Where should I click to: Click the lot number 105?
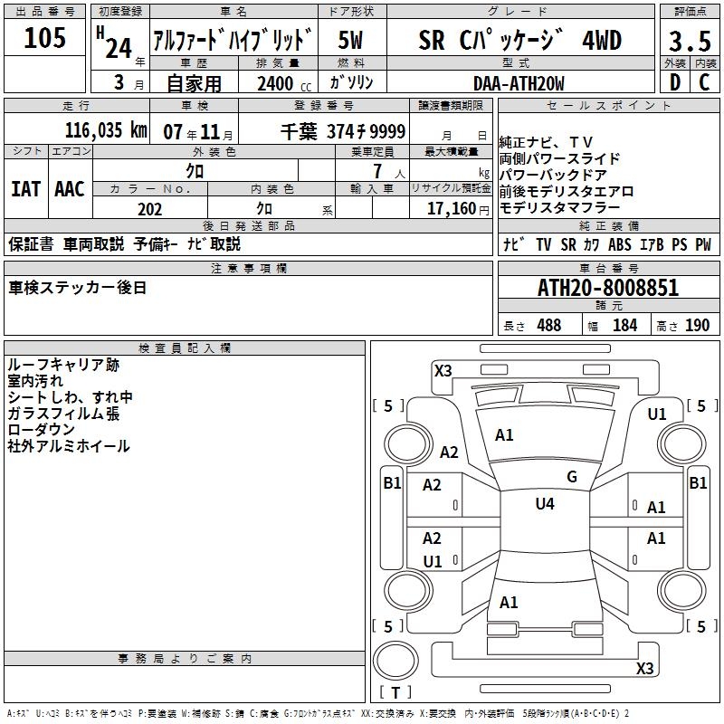(45, 38)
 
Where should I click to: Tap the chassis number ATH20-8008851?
(608, 289)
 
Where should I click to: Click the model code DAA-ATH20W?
(519, 83)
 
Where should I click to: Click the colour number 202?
(149, 209)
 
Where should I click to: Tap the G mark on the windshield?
(572, 477)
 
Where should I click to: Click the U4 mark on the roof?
(545, 504)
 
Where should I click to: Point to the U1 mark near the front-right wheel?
(657, 414)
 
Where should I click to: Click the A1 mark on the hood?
(504, 435)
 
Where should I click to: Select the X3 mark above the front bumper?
(443, 370)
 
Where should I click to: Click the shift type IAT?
(25, 189)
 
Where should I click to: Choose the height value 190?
(697, 326)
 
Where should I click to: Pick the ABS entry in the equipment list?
(621, 244)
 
